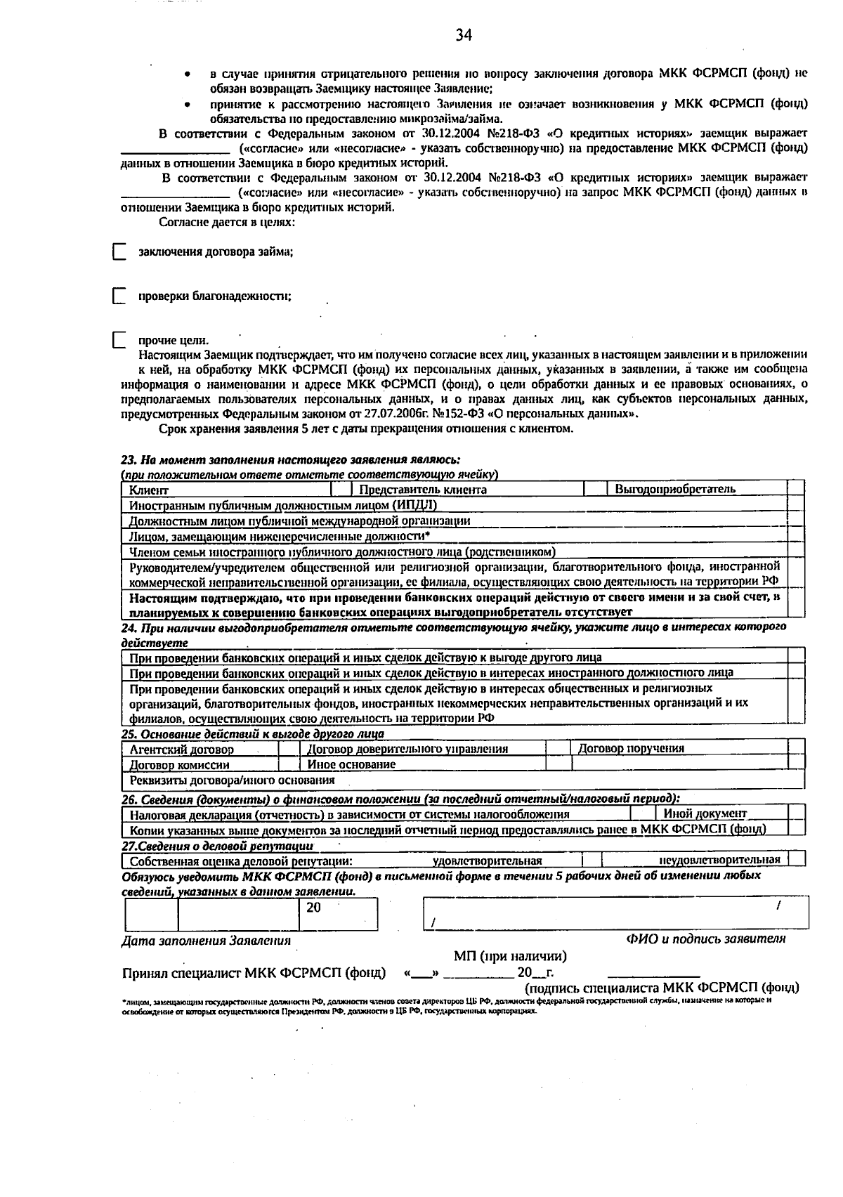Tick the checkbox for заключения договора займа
[119, 252]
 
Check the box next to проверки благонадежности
[119, 296]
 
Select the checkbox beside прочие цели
[119, 341]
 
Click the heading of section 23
[290, 459]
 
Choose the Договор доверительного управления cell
[407, 750]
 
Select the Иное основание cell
[351, 764]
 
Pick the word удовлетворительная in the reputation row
[487, 861]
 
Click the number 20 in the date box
[313, 908]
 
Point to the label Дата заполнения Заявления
[206, 941]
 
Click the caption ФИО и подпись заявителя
[705, 938]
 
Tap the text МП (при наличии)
[510, 956]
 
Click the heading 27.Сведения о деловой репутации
[217, 846]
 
